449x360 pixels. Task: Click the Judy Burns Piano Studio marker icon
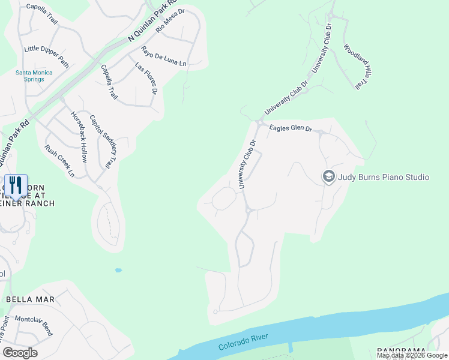tap(328, 176)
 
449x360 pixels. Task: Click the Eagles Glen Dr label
tap(291, 128)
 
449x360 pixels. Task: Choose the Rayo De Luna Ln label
tap(164, 56)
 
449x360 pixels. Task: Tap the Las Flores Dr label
tap(146, 79)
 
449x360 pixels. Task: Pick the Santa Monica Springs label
tap(34, 76)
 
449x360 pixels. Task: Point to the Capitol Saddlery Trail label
tap(101, 141)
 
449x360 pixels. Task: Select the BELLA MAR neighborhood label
tap(30, 299)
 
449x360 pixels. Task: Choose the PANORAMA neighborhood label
tap(402, 350)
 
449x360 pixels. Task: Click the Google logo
tap(20, 352)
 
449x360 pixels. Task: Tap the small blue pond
tap(118, 270)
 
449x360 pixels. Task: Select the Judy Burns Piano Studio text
tap(384, 177)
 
